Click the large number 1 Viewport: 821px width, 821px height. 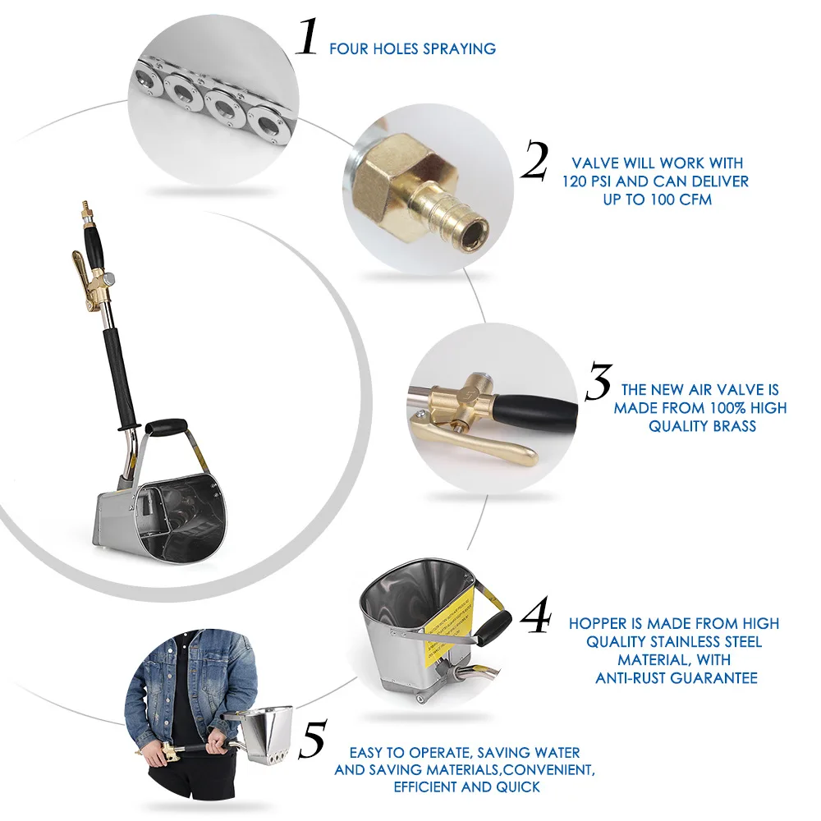tap(307, 38)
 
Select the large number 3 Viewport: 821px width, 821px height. tap(599, 382)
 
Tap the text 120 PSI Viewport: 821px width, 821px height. tap(592, 181)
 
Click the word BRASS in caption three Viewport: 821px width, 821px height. tap(731, 426)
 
